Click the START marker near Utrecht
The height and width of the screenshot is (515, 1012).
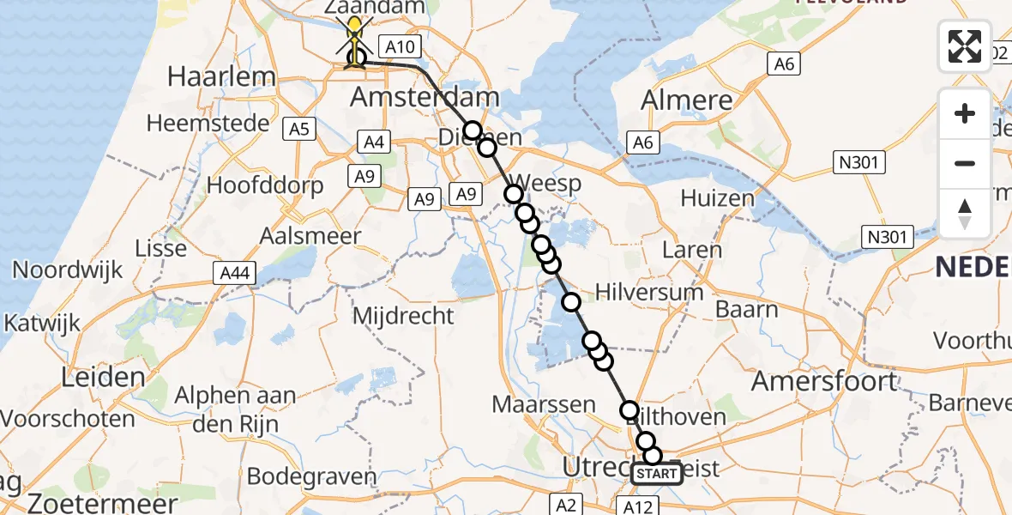[x=658, y=474]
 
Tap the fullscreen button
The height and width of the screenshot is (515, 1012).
[x=965, y=46]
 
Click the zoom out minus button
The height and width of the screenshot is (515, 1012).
[x=965, y=163]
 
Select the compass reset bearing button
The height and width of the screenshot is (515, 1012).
[x=965, y=213]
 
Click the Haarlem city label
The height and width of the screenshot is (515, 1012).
[x=221, y=76]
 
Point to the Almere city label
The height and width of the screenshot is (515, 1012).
[x=687, y=100]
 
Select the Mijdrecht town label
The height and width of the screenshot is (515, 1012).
[x=404, y=315]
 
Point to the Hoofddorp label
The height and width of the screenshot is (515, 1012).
[x=265, y=185]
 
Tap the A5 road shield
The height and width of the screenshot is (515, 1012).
[x=300, y=130]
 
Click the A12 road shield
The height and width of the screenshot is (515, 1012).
[x=637, y=506]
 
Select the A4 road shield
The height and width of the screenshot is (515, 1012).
[x=374, y=142]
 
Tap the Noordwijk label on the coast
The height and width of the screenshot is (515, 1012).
[x=67, y=270]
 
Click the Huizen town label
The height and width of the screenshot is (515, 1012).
[x=718, y=198]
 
